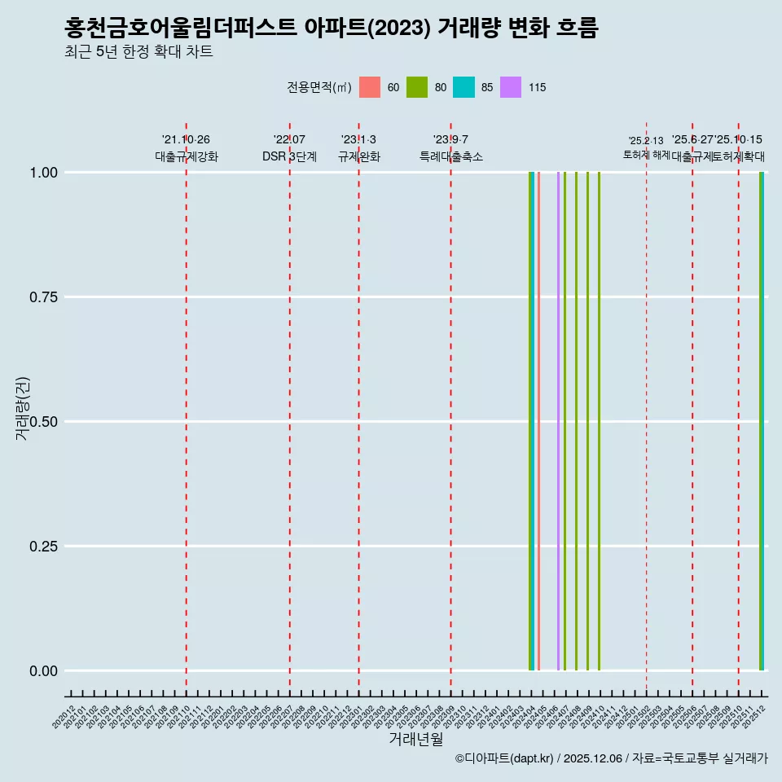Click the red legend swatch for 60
(370, 87)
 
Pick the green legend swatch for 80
(417, 87)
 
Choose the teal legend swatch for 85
(463, 87)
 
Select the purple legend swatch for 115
(511, 87)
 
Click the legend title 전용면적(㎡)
(319, 88)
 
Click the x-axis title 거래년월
(415, 740)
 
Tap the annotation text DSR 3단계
(289, 156)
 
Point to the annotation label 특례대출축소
(451, 156)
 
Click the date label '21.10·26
(186, 140)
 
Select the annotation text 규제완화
(359, 156)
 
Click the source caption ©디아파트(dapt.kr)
(503, 758)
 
